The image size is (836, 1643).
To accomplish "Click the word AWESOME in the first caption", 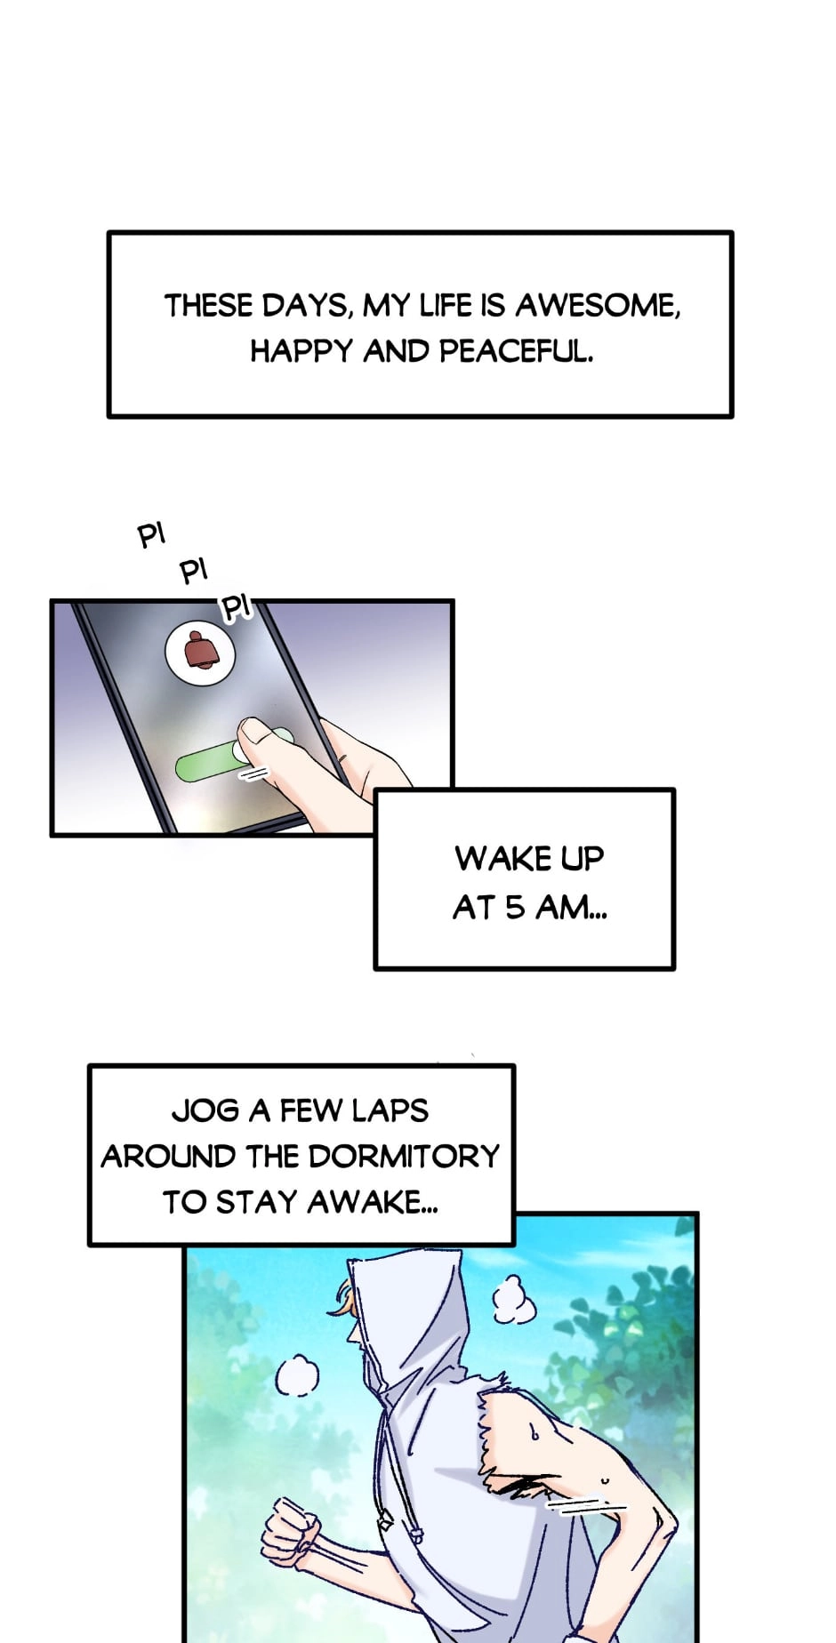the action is tap(598, 307).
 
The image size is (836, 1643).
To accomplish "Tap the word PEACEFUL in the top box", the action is tap(516, 352).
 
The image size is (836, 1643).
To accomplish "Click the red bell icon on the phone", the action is tap(201, 649).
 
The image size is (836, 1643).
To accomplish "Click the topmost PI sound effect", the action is tap(152, 536).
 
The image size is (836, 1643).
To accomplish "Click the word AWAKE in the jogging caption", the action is tap(372, 1203).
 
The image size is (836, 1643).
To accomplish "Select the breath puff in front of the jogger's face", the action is tap(297, 1377).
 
